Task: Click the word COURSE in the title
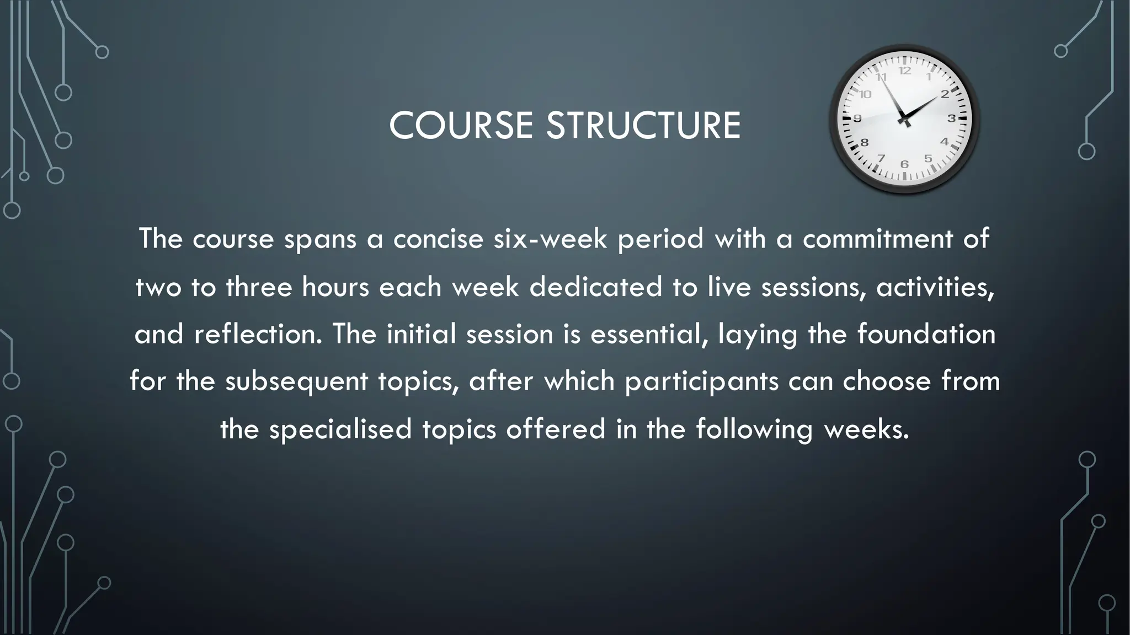(461, 126)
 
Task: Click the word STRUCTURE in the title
(643, 126)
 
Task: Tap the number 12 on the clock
(904, 71)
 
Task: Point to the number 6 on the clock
(904, 164)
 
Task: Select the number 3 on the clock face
(951, 118)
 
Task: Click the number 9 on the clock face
(857, 119)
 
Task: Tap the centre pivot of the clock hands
(904, 119)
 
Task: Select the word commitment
(877, 239)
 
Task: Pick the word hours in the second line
(335, 287)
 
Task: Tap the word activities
(935, 287)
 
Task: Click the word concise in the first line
(438, 239)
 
